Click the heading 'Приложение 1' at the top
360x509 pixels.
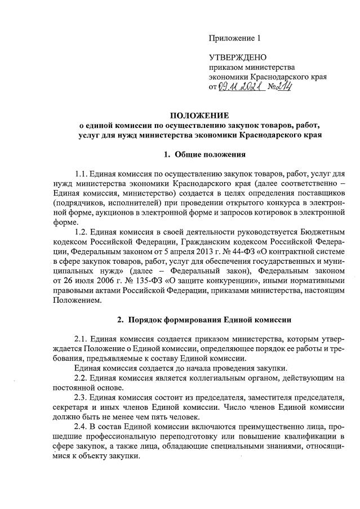pos(235,38)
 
